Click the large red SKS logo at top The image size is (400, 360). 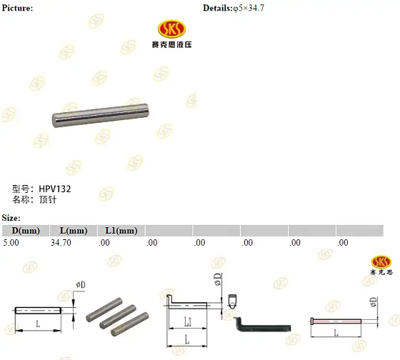click(171, 29)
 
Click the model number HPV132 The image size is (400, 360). click(55, 189)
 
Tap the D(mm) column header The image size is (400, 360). click(26, 231)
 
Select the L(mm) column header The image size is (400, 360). click(74, 231)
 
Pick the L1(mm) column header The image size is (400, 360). click(121, 231)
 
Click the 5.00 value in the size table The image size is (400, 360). click(11, 243)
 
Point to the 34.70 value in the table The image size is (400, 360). click(61, 243)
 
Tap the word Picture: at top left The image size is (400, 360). click(17, 8)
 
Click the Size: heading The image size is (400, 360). click(11, 218)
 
